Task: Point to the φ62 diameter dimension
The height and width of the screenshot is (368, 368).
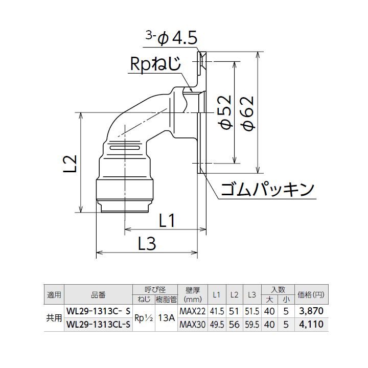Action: pyautogui.click(x=249, y=112)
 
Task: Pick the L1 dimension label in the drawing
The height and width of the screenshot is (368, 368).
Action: pyautogui.click(x=168, y=221)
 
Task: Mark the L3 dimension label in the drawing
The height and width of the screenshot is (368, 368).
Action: pyautogui.click(x=147, y=244)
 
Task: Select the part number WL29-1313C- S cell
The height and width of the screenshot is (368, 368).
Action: pyautogui.click(x=98, y=310)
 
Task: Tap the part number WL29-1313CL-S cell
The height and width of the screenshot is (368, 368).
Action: pyautogui.click(x=98, y=323)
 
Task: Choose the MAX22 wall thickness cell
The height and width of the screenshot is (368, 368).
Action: pyautogui.click(x=193, y=310)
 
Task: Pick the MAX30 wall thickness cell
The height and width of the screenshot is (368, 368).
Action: pyautogui.click(x=193, y=323)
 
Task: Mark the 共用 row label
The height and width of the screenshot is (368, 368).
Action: pyautogui.click(x=54, y=317)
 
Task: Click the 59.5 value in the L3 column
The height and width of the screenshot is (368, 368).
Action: pyautogui.click(x=251, y=323)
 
